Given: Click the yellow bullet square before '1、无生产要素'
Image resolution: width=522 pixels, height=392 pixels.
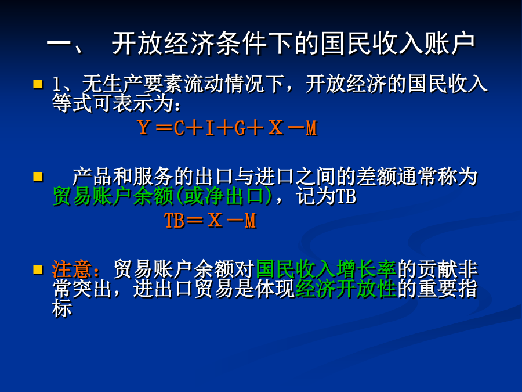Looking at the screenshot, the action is tap(38, 84).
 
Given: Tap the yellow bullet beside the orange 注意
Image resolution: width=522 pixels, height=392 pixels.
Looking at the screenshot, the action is tap(38, 269).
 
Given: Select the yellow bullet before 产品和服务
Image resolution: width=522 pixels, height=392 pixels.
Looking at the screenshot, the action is tap(38, 177).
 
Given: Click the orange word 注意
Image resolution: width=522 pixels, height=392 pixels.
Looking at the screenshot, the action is tap(72, 269).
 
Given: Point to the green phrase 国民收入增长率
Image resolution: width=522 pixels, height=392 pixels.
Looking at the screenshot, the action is tap(326, 269).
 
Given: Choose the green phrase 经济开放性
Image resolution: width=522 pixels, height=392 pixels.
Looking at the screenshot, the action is tap(346, 289).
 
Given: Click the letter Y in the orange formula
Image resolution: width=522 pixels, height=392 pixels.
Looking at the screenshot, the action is tap(144, 128).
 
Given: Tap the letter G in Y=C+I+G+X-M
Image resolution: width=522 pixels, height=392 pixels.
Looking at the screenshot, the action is tap(240, 128).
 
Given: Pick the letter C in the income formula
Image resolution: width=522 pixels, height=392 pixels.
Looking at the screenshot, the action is tap(179, 128).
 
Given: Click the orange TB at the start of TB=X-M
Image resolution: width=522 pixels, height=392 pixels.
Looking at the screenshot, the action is tap(175, 221).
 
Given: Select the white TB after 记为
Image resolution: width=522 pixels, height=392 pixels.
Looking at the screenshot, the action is tap(346, 196).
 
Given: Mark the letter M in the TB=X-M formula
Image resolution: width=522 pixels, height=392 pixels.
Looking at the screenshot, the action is tap(251, 221).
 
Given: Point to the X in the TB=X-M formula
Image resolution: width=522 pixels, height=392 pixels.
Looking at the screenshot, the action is tap(215, 220).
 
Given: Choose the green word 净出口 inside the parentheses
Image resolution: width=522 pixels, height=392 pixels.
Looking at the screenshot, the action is tap(234, 196).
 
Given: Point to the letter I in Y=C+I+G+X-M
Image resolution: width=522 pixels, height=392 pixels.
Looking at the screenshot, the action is tap(209, 128).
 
